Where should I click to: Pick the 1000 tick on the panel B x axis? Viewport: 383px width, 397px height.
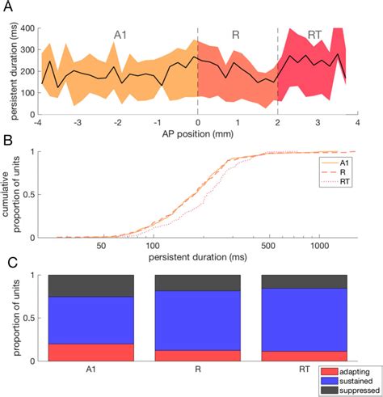320,244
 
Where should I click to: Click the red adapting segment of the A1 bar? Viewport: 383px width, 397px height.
90,352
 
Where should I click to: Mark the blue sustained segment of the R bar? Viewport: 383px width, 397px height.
197,320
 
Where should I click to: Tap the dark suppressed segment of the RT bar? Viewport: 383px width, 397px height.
303,281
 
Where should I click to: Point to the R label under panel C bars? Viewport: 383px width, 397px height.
197,369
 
